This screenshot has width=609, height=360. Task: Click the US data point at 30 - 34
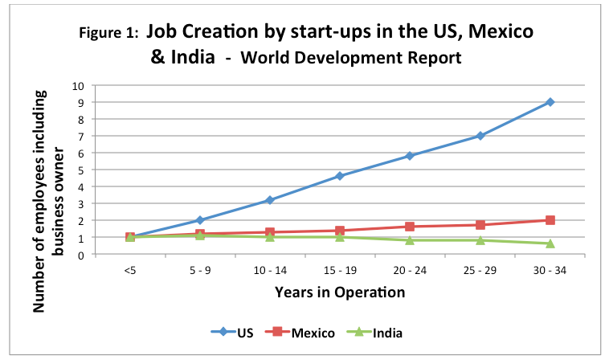[550, 102]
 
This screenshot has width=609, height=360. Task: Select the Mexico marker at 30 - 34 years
[550, 220]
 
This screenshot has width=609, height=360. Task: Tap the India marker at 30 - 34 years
[550, 244]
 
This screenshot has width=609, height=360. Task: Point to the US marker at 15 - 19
[340, 176]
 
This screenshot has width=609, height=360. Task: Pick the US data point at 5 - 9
[200, 220]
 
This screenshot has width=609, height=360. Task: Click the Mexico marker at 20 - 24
[410, 227]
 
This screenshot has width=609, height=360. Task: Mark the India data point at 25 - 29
[480, 240]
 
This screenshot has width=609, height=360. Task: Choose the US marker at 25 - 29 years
[480, 136]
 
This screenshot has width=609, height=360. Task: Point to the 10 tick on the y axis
[100, 85]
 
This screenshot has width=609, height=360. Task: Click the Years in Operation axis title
[339, 292]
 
